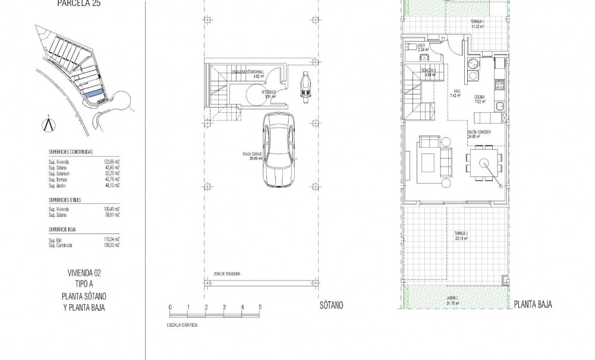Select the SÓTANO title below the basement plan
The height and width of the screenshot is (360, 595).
[330, 305]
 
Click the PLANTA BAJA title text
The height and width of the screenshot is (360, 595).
[533, 305]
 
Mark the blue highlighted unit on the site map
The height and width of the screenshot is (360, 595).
[93, 94]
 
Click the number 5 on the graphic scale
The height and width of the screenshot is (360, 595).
[260, 307]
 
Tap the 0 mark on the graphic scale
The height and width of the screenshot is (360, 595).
[170, 307]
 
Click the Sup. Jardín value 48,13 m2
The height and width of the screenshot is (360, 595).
[111, 185]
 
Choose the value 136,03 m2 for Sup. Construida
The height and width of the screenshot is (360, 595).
[111, 245]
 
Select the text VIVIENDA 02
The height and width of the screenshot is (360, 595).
[83, 273]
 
